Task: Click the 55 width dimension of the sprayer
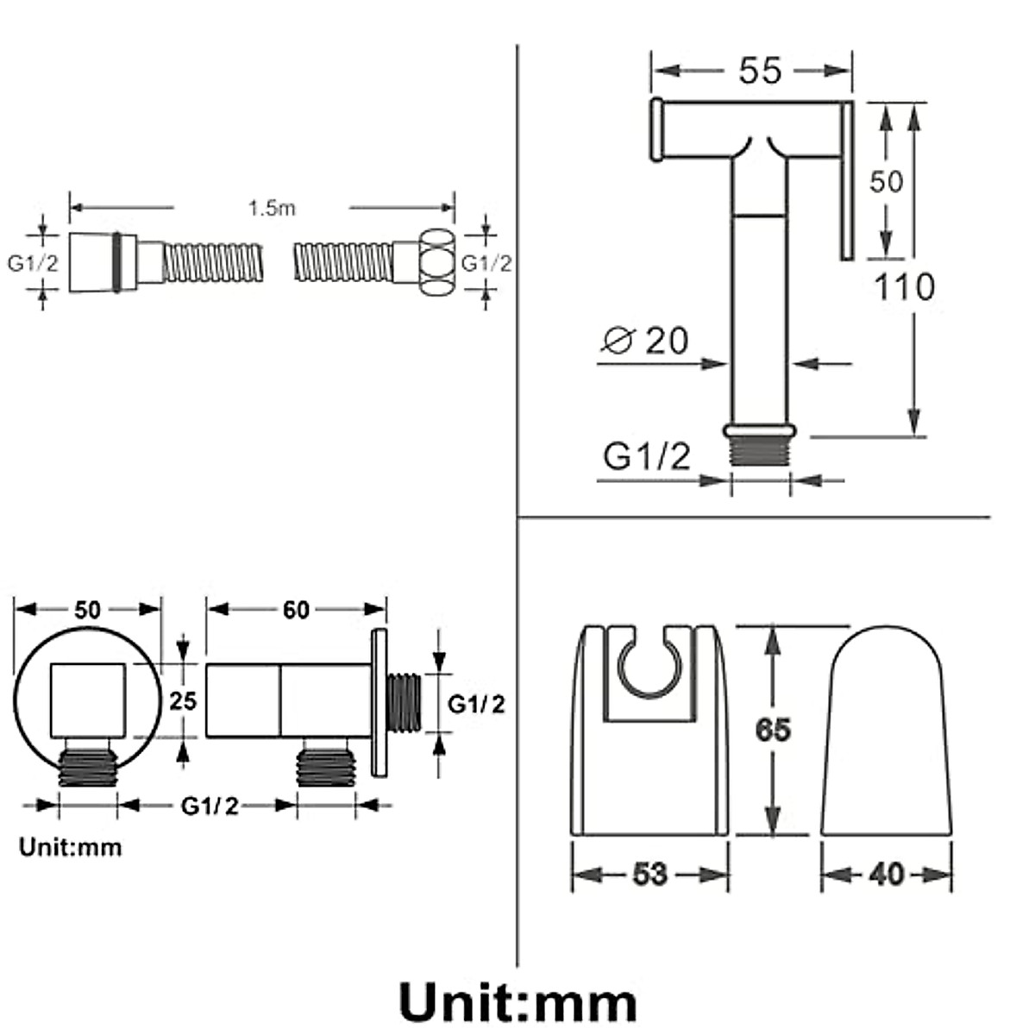[760, 71]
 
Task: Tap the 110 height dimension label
[905, 287]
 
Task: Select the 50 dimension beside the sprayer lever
[886, 181]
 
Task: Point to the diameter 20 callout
[645, 340]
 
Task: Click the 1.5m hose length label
[272, 208]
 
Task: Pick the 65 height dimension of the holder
[773, 730]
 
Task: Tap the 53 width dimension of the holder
[650, 874]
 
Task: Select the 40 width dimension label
[887, 875]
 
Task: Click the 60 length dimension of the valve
[296, 610]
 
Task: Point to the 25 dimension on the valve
[183, 701]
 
